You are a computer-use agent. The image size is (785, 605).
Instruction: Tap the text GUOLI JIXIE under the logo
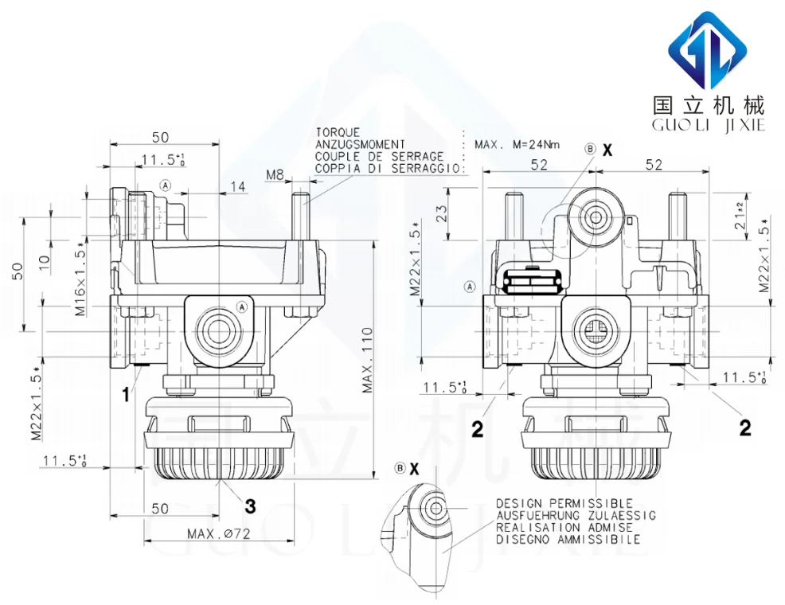tap(708, 126)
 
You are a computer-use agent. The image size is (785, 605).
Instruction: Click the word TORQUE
tap(338, 132)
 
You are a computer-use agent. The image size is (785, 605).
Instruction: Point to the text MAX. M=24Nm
tap(517, 144)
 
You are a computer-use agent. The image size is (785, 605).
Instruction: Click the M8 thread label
tap(275, 174)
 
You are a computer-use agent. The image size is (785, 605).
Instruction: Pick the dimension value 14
tap(237, 186)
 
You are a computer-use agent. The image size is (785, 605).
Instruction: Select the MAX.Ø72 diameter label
tap(219, 534)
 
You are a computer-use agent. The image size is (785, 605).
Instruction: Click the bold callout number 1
tap(125, 393)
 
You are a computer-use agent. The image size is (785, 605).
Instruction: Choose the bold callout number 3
tap(249, 505)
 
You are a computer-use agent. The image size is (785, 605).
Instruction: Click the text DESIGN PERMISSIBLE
tap(564, 504)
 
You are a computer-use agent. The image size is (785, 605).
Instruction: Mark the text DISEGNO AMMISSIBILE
tap(568, 539)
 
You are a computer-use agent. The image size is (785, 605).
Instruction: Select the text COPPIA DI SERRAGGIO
tap(388, 168)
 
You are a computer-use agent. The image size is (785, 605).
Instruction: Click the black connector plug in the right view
tap(533, 279)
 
